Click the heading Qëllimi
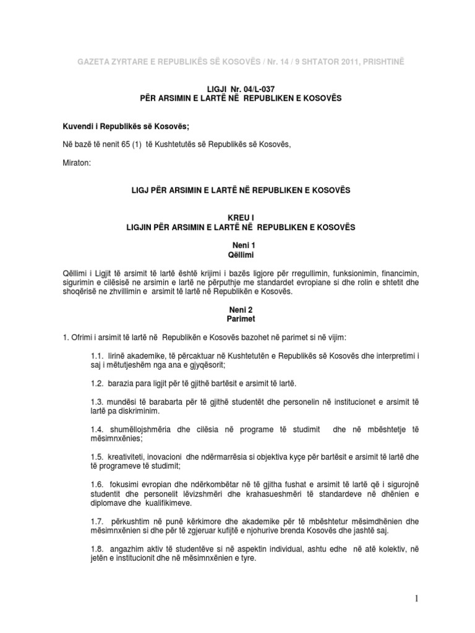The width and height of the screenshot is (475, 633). [x=237, y=254]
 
